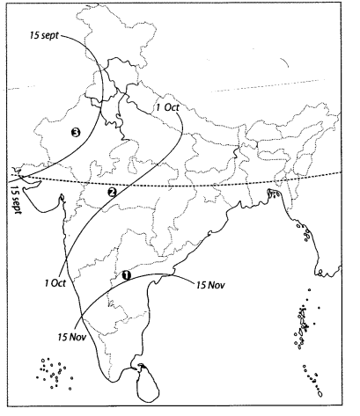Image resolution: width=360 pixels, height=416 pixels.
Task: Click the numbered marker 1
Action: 128,274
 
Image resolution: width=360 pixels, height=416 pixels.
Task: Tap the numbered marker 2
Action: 111,192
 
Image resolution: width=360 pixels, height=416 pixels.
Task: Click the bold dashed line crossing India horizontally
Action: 220,186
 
